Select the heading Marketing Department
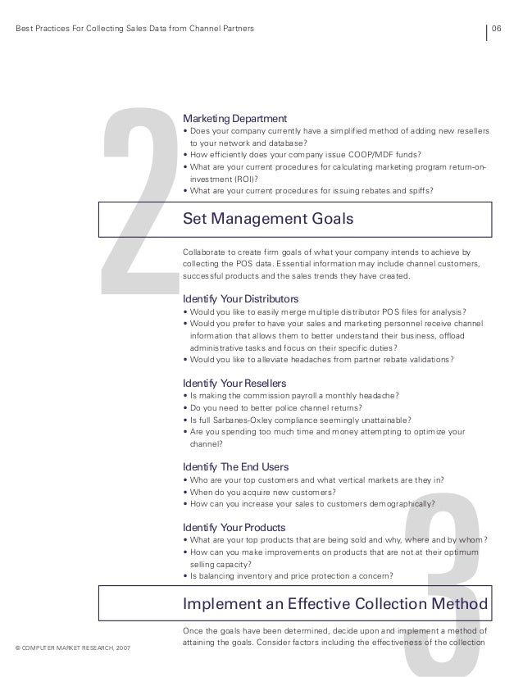click(x=234, y=118)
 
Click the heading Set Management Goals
click(x=268, y=219)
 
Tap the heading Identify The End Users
click(x=235, y=467)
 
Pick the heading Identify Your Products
click(x=234, y=526)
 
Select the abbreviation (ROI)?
click(x=239, y=179)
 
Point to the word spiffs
click(x=417, y=191)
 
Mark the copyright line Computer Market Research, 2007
click(x=72, y=648)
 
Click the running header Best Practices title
click(x=134, y=30)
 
